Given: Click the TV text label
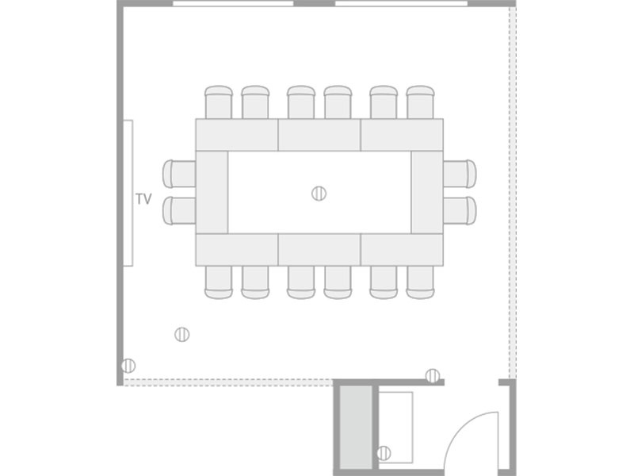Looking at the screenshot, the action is [x=143, y=199].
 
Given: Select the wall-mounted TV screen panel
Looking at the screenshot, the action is [x=128, y=193].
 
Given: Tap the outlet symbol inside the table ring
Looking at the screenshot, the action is [x=319, y=194].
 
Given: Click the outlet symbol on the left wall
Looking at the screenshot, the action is [x=128, y=366].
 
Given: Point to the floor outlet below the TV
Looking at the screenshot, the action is [x=182, y=334].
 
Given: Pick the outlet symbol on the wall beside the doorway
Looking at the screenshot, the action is [x=433, y=376].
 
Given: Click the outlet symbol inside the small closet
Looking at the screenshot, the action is [x=384, y=453].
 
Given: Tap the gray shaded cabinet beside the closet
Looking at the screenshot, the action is [x=356, y=427].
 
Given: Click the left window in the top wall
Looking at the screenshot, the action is [x=233, y=3].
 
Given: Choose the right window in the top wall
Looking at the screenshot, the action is [x=402, y=3].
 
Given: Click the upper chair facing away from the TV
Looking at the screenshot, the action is [x=179, y=174].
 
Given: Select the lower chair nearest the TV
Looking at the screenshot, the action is [x=179, y=210].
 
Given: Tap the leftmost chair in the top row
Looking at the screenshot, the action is [x=219, y=102].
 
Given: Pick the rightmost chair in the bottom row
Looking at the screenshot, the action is [x=421, y=282].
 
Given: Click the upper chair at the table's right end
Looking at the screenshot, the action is [x=460, y=174].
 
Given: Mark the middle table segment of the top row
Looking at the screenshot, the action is [x=319, y=135].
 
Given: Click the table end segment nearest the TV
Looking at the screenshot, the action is [x=212, y=192].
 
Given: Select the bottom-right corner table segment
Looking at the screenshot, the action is [x=402, y=250].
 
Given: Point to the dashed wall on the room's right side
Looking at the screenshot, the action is [x=512, y=193].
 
